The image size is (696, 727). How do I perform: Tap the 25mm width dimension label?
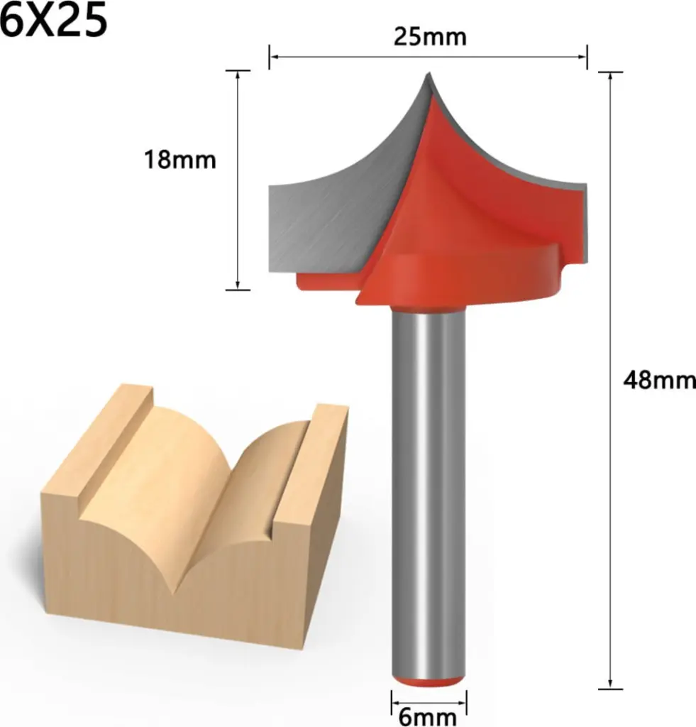point(430,37)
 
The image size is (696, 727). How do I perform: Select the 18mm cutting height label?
point(179,160)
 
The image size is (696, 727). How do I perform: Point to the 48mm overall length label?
point(659,381)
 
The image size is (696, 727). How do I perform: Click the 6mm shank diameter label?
point(428,717)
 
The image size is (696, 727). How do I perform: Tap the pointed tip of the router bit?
point(429,73)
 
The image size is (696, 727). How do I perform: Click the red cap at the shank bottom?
point(428,682)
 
